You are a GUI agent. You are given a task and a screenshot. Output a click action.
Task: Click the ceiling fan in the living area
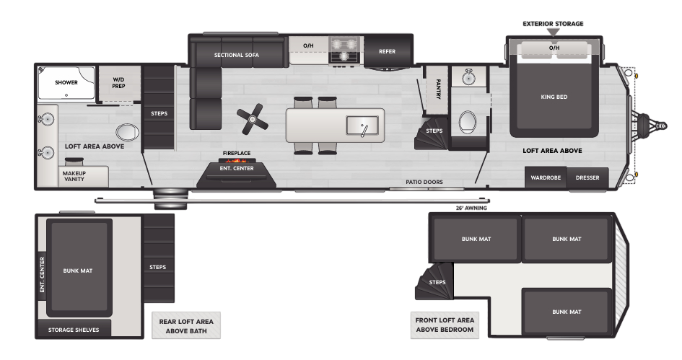253,119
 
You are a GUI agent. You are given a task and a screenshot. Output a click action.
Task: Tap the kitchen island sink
362,126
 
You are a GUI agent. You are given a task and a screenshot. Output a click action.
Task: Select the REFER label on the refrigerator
387,51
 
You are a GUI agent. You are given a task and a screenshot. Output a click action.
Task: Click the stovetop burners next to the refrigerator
344,50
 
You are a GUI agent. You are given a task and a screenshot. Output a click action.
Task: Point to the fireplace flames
237,159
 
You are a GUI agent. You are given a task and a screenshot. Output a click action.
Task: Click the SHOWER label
66,82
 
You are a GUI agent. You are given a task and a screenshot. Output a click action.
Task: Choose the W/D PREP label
118,83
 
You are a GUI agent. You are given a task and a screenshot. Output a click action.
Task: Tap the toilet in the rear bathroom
127,132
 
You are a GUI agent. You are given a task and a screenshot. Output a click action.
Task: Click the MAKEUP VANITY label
74,176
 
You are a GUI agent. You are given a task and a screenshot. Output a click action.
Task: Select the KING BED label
554,97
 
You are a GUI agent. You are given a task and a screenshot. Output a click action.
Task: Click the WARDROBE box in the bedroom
546,177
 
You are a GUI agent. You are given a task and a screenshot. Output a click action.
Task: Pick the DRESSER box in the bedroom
587,177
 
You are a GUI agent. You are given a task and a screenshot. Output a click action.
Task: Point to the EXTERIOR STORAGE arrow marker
553,32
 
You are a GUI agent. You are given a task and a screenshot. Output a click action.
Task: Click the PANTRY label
438,89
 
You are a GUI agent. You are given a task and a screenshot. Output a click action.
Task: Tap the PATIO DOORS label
424,182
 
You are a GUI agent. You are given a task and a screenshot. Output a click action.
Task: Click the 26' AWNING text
471,208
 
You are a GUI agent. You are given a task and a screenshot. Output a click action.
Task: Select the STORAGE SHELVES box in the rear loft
74,328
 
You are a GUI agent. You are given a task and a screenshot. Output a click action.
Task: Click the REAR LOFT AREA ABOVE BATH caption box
186,325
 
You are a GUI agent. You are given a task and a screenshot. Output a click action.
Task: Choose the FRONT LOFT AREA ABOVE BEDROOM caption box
445,325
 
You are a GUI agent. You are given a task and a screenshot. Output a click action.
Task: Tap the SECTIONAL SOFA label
236,55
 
